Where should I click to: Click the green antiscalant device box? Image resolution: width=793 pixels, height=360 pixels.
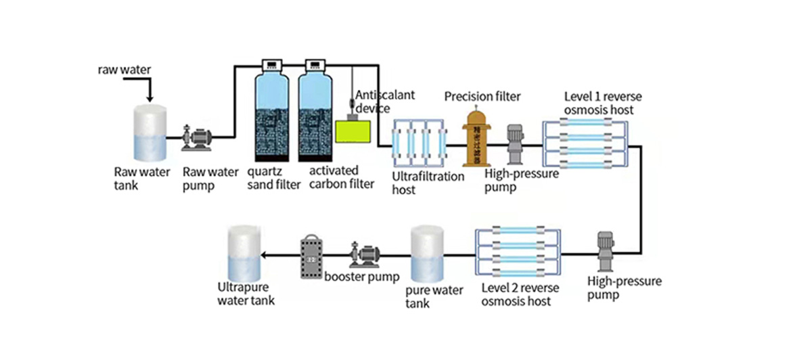pos(354,129)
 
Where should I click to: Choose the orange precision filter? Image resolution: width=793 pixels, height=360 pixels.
pos(476,138)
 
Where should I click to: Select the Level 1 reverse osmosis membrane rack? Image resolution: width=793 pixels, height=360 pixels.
pos(587,143)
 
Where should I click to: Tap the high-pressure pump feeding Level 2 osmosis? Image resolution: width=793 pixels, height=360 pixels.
pos(604,252)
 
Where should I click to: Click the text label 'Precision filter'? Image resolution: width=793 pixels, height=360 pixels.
pos(482,96)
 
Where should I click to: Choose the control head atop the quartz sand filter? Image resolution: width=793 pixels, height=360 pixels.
pos(272,66)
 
